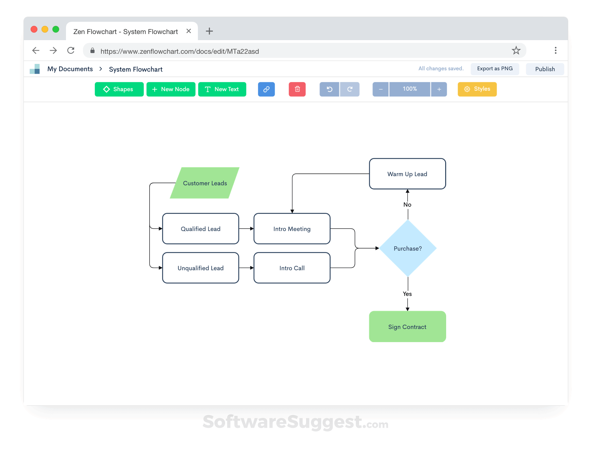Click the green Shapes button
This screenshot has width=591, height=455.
119,89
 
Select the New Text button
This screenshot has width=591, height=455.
222,89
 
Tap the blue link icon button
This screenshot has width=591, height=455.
266,89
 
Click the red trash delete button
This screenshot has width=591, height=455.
297,89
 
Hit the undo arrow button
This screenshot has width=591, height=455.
329,89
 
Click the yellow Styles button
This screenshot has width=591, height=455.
477,89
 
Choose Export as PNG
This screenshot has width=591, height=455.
494,69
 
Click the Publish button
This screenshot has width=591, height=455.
545,69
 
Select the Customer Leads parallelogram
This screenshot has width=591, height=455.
205,183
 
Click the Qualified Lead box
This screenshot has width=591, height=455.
201,229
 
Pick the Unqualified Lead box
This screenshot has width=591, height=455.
201,268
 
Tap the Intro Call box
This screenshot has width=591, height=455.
292,268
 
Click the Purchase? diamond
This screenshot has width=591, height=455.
408,249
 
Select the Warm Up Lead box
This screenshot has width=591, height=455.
407,174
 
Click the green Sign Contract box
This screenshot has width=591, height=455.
407,327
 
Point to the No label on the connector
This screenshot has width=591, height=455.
407,205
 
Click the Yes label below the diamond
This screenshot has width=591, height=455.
407,294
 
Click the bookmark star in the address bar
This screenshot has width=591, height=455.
516,51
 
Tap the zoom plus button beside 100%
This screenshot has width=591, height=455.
439,89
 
